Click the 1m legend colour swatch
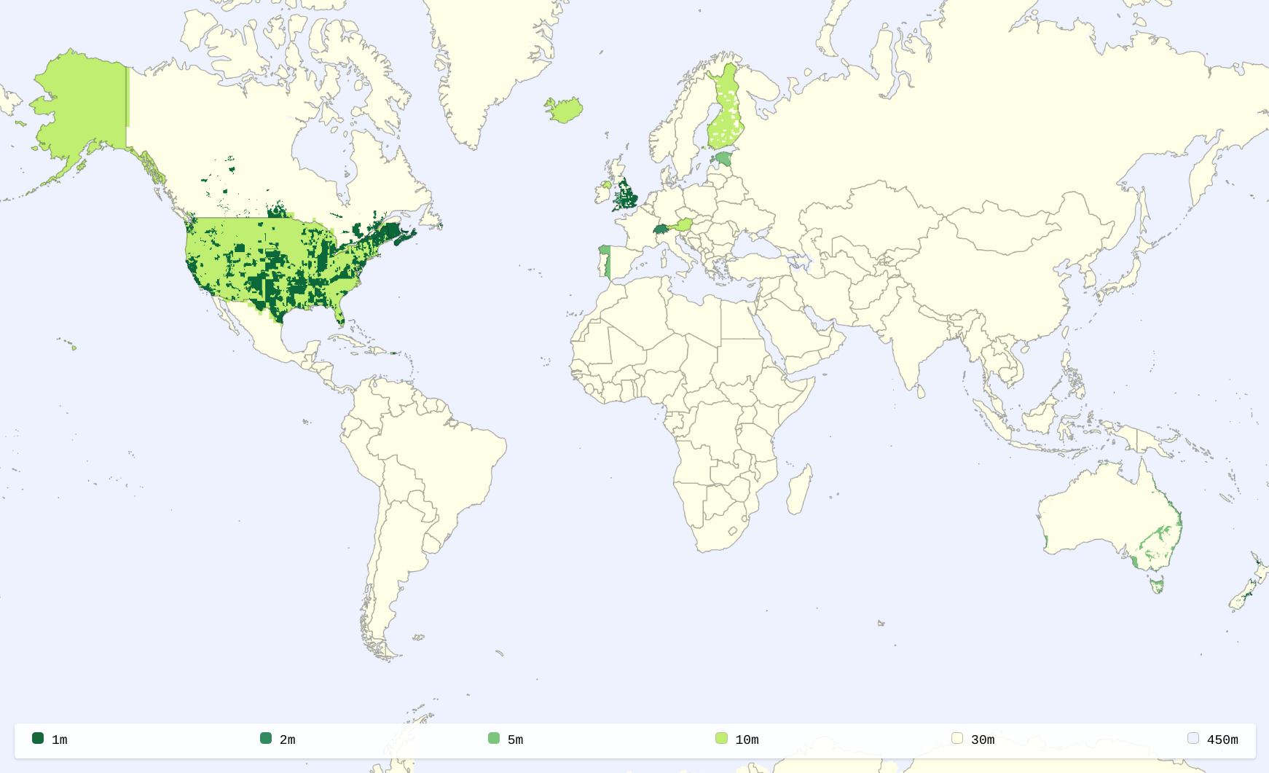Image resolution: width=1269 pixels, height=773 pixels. pyautogui.click(x=38, y=738)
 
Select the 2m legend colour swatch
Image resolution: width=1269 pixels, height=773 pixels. pyautogui.click(x=266, y=738)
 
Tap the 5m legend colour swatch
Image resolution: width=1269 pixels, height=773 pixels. pyautogui.click(x=494, y=738)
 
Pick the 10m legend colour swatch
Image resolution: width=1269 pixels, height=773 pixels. pyautogui.click(x=721, y=738)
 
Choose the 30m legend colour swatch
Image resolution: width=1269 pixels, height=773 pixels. pyautogui.click(x=957, y=738)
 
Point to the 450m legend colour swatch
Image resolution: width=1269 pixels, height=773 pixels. pyautogui.click(x=1193, y=738)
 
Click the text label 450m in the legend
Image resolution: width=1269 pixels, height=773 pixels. pyautogui.click(x=1222, y=739)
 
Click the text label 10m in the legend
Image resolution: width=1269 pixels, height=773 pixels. pyautogui.click(x=747, y=739)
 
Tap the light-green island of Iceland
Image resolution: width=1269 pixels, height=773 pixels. pyautogui.click(x=564, y=110)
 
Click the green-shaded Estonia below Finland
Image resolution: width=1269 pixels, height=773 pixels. pyautogui.click(x=723, y=159)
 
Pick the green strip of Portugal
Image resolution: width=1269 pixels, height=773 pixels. pyautogui.click(x=605, y=262)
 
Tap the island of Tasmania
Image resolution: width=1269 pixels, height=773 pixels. pyautogui.click(x=1156, y=584)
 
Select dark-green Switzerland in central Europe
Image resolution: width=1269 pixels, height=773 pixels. pyautogui.click(x=661, y=229)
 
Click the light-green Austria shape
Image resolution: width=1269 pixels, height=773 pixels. pyautogui.click(x=683, y=225)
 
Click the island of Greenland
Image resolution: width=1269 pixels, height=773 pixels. pyautogui.click(x=495, y=66)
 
